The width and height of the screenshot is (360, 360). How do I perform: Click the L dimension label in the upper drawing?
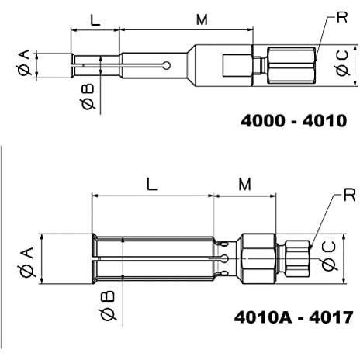click(x=95, y=20)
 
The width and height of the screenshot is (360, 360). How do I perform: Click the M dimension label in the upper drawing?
click(x=202, y=19)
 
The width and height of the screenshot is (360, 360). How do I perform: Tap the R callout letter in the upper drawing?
click(x=342, y=17)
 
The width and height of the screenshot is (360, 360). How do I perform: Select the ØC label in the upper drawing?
click(x=342, y=64)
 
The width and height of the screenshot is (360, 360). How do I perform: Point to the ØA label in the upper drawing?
click(x=24, y=63)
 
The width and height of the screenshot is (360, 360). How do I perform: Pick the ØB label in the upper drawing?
click(x=88, y=96)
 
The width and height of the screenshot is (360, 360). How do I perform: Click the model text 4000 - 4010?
click(x=294, y=121)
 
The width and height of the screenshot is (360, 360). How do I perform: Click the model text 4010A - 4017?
click(x=293, y=317)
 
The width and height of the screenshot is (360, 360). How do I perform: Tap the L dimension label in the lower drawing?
click(x=152, y=185)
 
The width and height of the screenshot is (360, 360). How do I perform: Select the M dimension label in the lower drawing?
click(x=244, y=185)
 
